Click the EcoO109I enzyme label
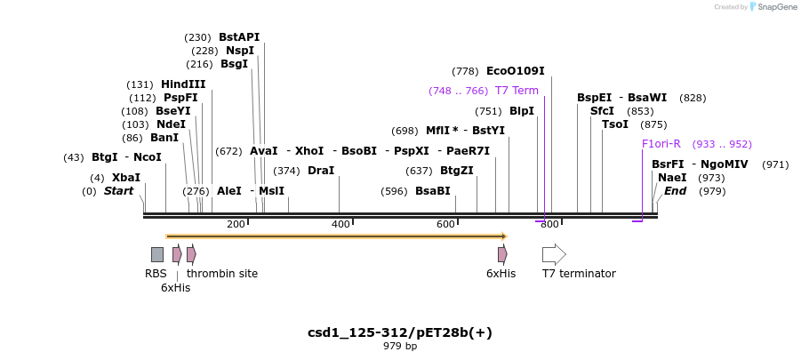point(515,71)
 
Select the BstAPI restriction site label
point(239,37)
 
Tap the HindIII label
point(183,84)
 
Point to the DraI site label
point(320,171)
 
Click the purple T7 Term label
point(517,91)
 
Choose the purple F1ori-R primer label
point(661,144)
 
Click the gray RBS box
point(156,254)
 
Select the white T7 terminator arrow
point(554,254)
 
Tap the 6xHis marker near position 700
point(502,254)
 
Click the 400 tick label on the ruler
point(340,225)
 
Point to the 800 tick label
point(549,225)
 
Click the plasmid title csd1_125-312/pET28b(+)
point(400,332)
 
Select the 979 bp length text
point(400,347)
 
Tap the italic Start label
point(118,191)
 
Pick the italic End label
point(675,191)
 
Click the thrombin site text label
point(222,274)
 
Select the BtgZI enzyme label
point(456,171)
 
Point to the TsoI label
point(615,124)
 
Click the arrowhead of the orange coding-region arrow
point(504,236)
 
